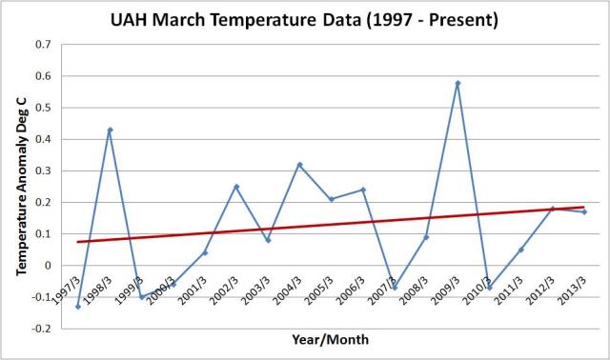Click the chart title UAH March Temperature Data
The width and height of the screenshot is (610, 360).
pos(304,20)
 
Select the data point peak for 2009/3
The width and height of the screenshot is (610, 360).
pos(457,83)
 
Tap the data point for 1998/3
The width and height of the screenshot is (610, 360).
pos(110,130)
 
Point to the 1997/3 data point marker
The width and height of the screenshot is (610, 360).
pos(78,307)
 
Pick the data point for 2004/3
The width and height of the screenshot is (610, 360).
pos(299,165)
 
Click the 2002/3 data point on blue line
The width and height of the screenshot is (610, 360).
pos(236,187)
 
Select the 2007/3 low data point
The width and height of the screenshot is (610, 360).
pos(395,288)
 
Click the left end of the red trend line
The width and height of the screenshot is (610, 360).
pos(78,242)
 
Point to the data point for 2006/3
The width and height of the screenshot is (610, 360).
pos(363,190)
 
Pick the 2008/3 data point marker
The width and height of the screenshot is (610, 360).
pos(426,237)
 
